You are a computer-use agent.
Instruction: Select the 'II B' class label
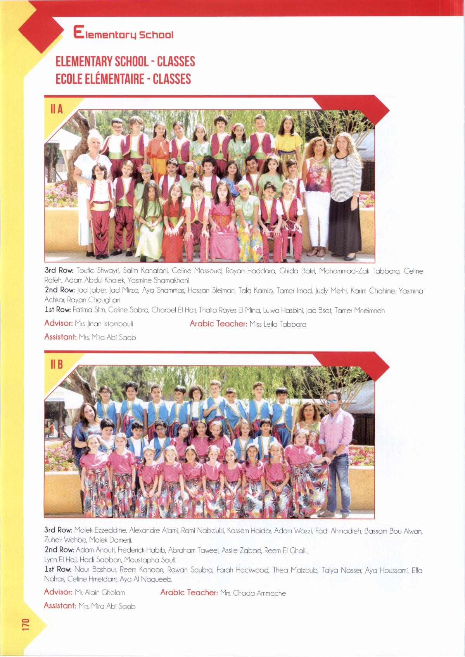click(57, 365)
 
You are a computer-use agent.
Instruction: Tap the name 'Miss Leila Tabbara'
click(278, 324)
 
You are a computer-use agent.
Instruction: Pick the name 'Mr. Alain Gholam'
click(100, 592)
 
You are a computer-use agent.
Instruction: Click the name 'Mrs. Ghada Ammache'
click(253, 593)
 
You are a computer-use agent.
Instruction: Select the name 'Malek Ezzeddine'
click(100, 530)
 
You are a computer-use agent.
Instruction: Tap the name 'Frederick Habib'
click(141, 550)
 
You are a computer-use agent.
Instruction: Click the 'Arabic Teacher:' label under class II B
click(189, 592)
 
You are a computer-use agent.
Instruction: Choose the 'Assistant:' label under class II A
click(60, 337)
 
